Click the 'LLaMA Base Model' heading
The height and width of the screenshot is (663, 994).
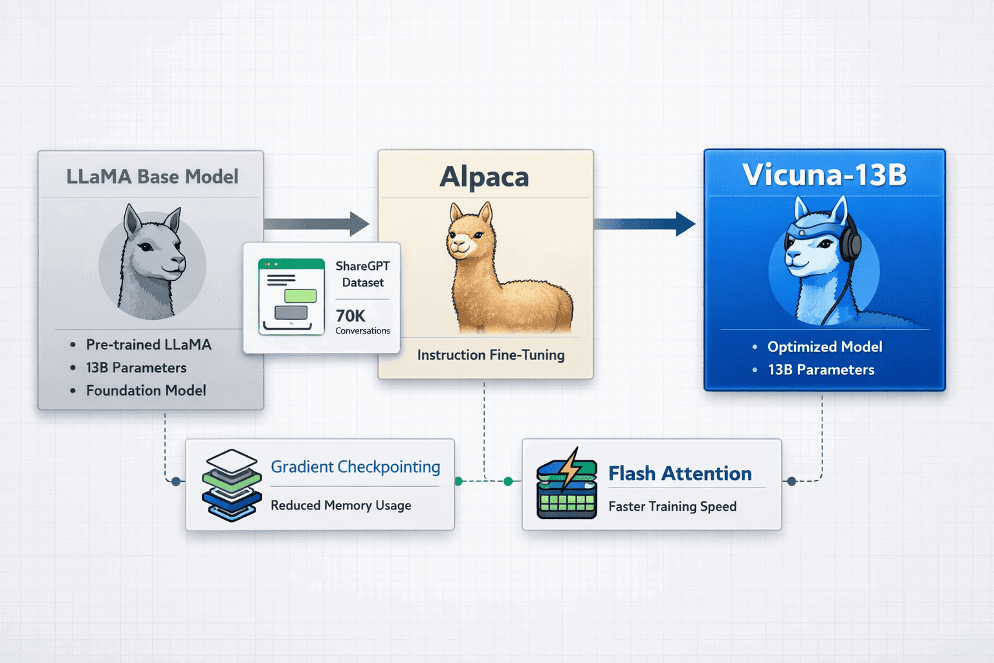[152, 177]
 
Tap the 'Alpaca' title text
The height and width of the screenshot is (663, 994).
[485, 177]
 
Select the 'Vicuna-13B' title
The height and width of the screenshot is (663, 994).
[824, 175]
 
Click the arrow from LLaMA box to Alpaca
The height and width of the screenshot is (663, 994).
[317, 224]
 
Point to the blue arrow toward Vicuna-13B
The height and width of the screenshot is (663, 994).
[645, 224]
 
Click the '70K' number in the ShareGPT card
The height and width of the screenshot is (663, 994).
[350, 316]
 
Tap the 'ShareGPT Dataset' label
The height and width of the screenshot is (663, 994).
[362, 275]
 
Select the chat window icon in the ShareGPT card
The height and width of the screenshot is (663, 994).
[291, 297]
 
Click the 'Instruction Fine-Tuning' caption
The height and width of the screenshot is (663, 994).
[491, 355]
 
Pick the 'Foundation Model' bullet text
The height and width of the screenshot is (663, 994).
[146, 390]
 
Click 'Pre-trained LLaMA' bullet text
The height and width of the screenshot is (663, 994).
[149, 344]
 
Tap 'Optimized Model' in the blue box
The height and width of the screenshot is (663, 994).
[824, 347]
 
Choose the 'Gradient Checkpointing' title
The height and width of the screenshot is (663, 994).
[355, 467]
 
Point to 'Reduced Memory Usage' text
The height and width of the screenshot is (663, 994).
[340, 505]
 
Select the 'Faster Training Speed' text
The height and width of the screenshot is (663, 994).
[672, 506]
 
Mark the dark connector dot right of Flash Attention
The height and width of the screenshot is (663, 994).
[791, 481]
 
